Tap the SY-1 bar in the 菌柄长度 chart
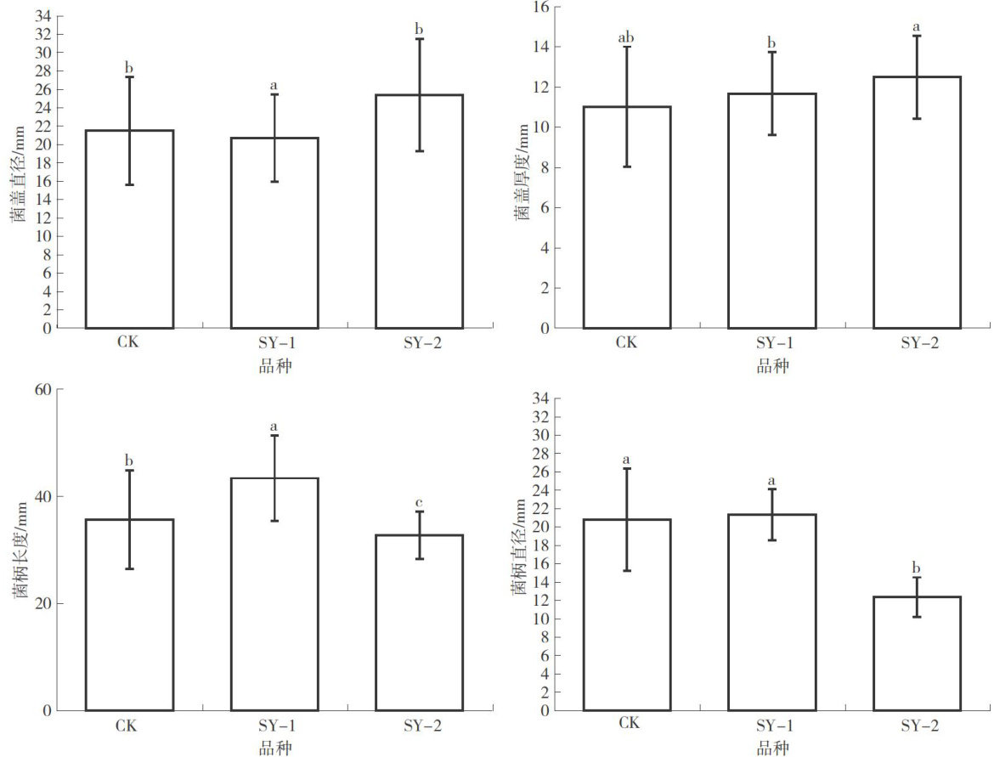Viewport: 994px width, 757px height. coord(274,612)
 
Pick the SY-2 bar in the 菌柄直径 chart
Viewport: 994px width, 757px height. coord(917,663)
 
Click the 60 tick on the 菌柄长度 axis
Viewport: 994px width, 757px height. coord(42,389)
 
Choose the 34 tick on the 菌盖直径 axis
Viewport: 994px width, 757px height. coord(42,16)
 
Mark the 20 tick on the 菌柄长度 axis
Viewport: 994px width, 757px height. coord(42,604)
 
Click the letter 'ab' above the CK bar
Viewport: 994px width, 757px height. coord(626,37)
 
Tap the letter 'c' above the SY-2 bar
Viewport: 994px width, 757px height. coord(419,503)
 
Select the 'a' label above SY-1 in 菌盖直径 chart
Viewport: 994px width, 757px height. coord(274,86)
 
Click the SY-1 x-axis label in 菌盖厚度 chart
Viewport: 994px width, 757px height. coord(771,343)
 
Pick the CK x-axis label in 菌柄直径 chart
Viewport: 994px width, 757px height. coord(628,723)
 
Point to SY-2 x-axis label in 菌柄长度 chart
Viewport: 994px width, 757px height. coord(419,727)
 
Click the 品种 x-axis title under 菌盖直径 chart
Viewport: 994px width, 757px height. coord(274,366)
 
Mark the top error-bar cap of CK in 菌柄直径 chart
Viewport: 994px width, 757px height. coord(626,468)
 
